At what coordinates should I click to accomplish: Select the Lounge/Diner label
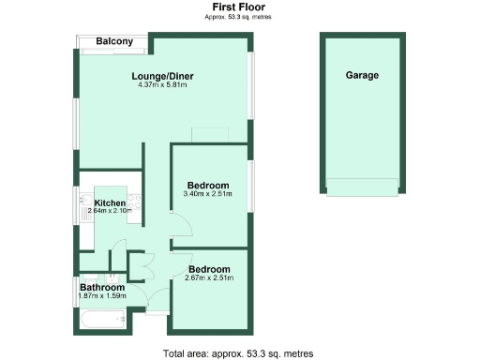(163, 77)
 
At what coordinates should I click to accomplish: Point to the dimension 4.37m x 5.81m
(163, 85)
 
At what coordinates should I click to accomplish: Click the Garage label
(362, 75)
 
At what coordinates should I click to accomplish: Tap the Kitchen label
(110, 203)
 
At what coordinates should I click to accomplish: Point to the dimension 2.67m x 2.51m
(209, 277)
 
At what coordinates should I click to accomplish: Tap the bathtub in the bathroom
(98, 322)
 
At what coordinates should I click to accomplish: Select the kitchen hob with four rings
(136, 202)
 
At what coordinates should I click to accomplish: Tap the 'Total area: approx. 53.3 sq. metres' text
(238, 353)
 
